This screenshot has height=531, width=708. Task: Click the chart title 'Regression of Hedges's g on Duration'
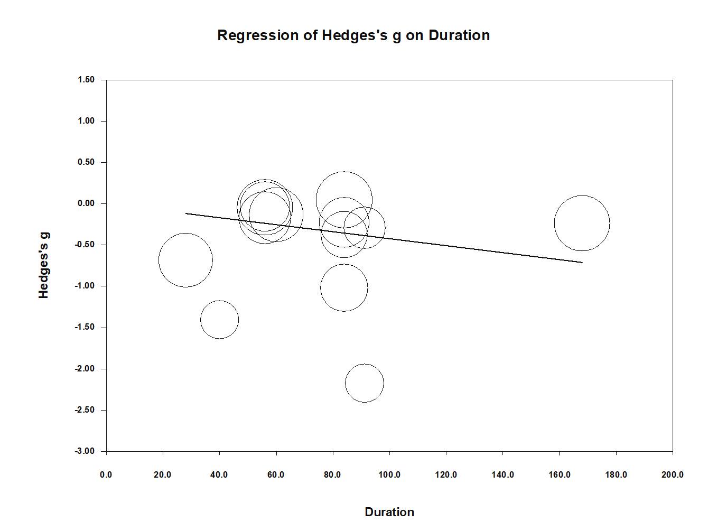tap(353, 35)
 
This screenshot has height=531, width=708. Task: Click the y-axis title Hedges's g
tap(44, 265)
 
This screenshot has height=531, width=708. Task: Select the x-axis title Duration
tap(389, 512)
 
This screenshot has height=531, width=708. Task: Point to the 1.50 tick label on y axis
tap(86, 80)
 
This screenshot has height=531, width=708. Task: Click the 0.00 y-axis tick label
tap(86, 203)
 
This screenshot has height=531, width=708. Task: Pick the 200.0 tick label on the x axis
tap(672, 474)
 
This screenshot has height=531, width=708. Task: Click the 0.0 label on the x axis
tap(106, 474)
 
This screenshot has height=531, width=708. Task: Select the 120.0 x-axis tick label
tap(446, 474)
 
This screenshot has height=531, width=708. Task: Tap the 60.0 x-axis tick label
tap(276, 474)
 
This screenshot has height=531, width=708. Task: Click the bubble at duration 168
tap(582, 223)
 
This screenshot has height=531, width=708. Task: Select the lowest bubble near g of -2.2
tap(365, 383)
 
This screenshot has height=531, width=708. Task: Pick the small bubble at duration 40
tap(219, 320)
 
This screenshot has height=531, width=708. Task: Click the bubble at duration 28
tap(185, 260)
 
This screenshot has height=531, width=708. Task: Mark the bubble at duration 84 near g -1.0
tap(344, 287)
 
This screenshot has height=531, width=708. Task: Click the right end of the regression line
tap(581, 262)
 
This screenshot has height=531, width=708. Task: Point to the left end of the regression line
tap(187, 213)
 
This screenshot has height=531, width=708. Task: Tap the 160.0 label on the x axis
tap(559, 474)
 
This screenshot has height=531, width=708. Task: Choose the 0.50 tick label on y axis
tap(86, 162)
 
